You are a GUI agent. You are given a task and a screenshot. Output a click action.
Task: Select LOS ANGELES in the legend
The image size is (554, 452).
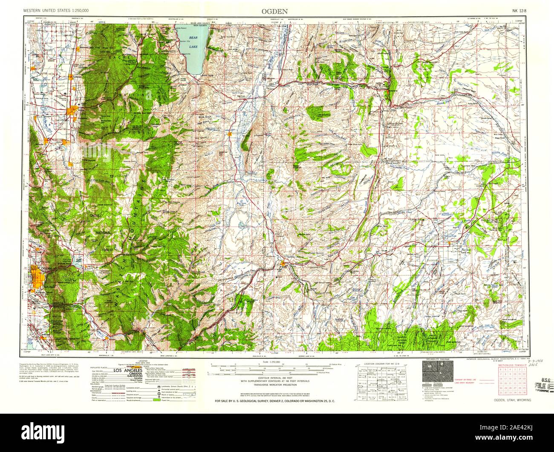click(127, 372)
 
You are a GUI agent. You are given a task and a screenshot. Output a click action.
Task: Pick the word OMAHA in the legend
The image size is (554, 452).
click(127, 375)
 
